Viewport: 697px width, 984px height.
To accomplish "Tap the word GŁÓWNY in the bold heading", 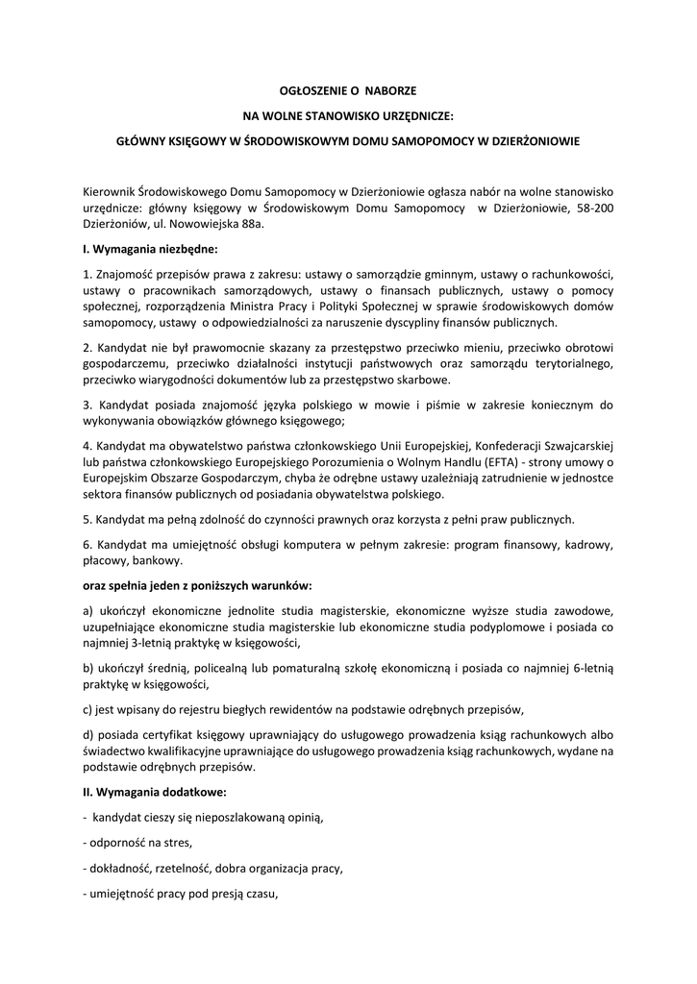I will click(138, 140).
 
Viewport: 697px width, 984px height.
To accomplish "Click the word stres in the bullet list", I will click(179, 844).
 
